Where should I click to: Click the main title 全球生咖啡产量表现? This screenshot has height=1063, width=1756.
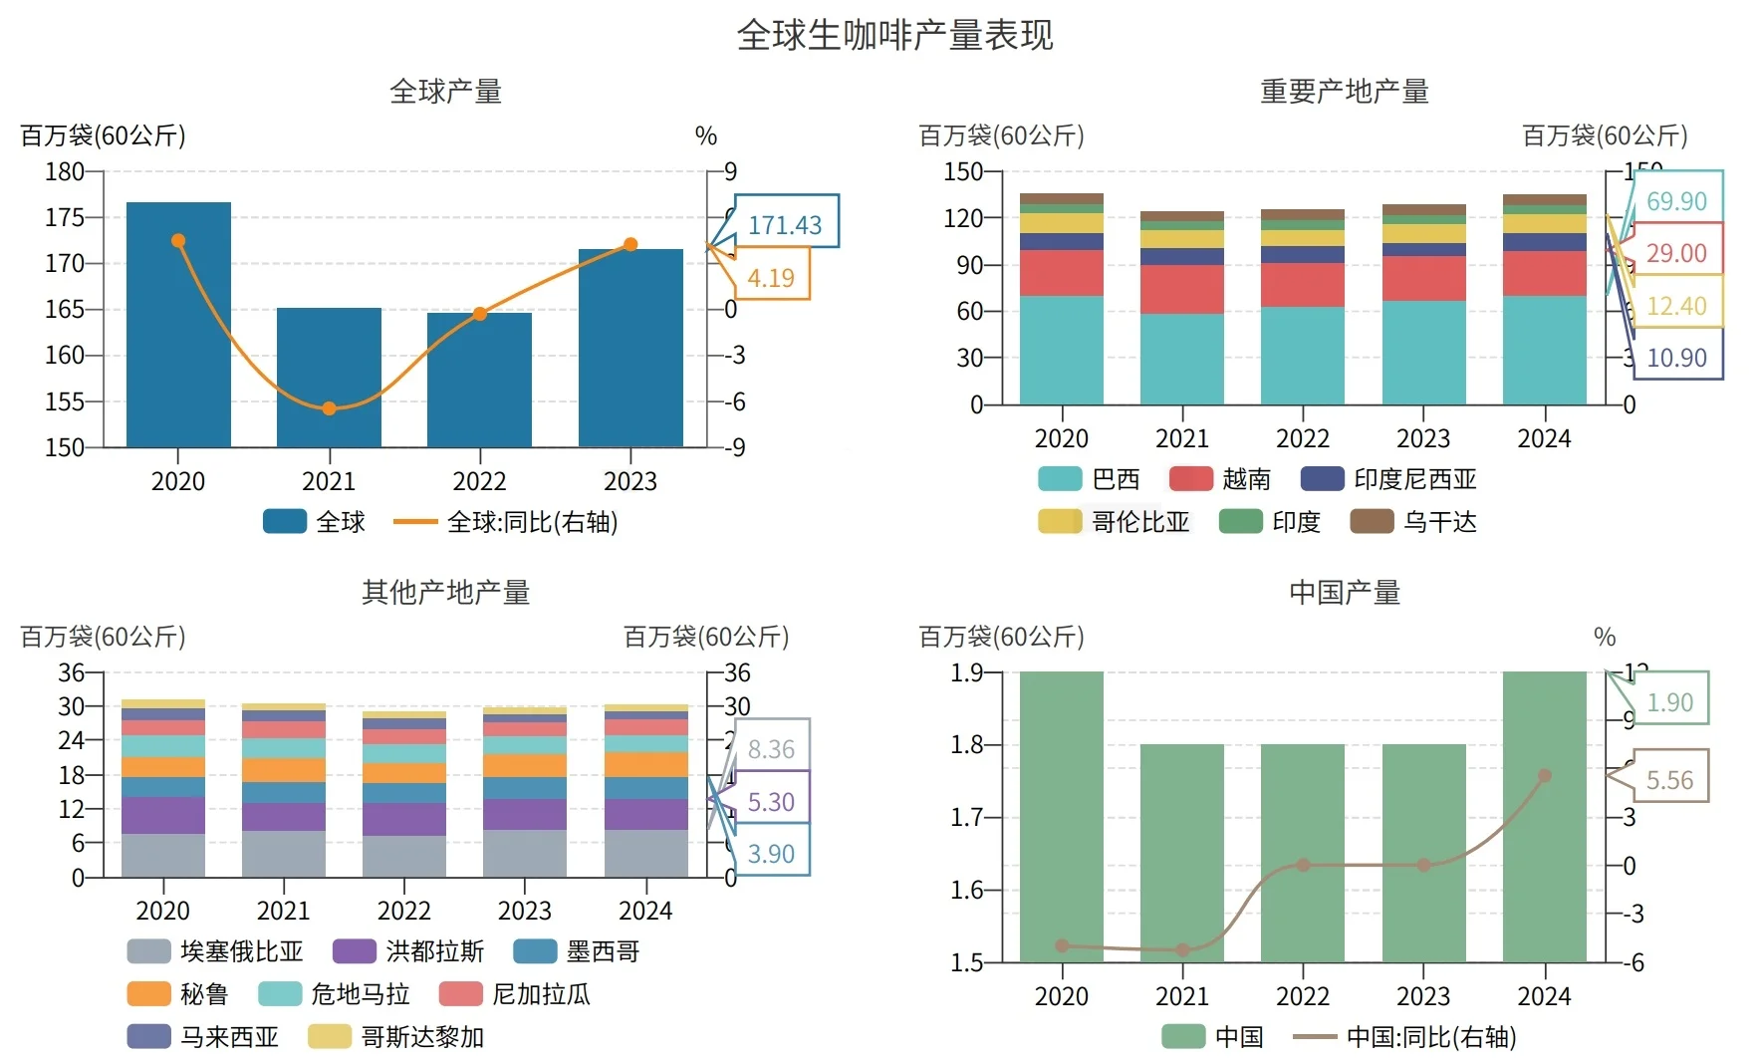[893, 36]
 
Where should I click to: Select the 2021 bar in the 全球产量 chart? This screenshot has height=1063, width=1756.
[329, 379]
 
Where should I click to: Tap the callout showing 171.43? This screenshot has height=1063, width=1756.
[785, 224]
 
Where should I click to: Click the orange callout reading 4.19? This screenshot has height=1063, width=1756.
[771, 277]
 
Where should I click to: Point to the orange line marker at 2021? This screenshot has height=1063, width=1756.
[329, 408]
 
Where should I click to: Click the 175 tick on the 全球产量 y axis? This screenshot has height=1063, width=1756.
[65, 217]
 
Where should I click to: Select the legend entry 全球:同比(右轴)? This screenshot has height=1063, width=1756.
[506, 522]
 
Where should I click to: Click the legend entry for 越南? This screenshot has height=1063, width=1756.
[1220, 479]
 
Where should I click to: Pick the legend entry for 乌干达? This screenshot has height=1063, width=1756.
[1413, 522]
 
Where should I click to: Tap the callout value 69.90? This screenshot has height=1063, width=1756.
[1676, 201]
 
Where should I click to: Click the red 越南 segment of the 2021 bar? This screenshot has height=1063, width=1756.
[1182, 289]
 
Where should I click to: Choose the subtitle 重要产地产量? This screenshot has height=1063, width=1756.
[1345, 92]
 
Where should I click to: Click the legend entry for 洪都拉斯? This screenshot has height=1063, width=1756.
[408, 951]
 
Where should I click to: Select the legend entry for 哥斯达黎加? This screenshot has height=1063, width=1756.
[395, 1037]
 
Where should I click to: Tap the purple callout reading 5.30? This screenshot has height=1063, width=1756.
[771, 802]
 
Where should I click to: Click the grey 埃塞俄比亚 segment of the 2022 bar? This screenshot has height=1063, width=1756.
[404, 856]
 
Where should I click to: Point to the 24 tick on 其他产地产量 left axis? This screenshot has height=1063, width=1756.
[71, 740]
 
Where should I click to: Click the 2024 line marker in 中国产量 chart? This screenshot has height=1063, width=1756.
[1545, 775]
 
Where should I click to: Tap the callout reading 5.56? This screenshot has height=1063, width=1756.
[1669, 780]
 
